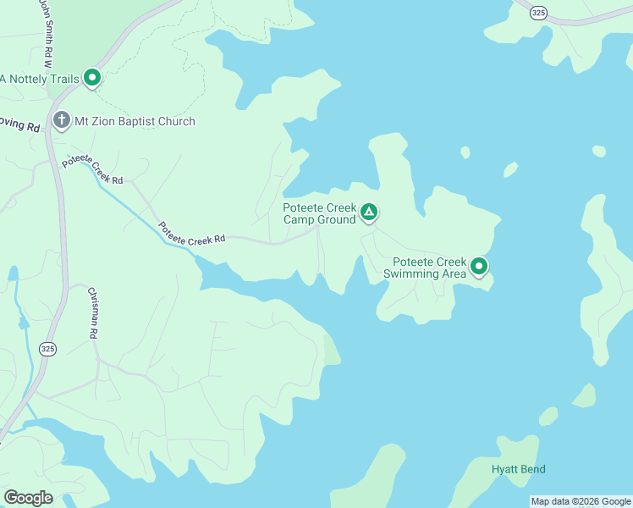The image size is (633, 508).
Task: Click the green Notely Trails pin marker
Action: pyautogui.click(x=91, y=79)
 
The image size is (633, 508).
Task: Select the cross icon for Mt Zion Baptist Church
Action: pyautogui.click(x=61, y=121)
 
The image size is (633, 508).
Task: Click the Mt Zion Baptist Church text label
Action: pyautogui.click(x=135, y=122)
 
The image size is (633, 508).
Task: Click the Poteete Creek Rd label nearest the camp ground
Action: pyautogui.click(x=191, y=235)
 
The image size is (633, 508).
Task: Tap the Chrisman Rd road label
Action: pyautogui.click(x=93, y=313)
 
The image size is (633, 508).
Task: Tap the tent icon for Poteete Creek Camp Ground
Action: pyautogui.click(x=368, y=212)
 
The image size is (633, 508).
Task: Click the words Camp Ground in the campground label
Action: pyautogui.click(x=319, y=220)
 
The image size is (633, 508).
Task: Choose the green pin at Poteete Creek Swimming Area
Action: pyautogui.click(x=479, y=267)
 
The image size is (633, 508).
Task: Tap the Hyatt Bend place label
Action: pyautogui.click(x=518, y=469)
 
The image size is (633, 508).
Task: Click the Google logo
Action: pyautogui.click(x=29, y=498)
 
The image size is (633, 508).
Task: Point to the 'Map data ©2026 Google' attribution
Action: pyautogui.click(x=581, y=501)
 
